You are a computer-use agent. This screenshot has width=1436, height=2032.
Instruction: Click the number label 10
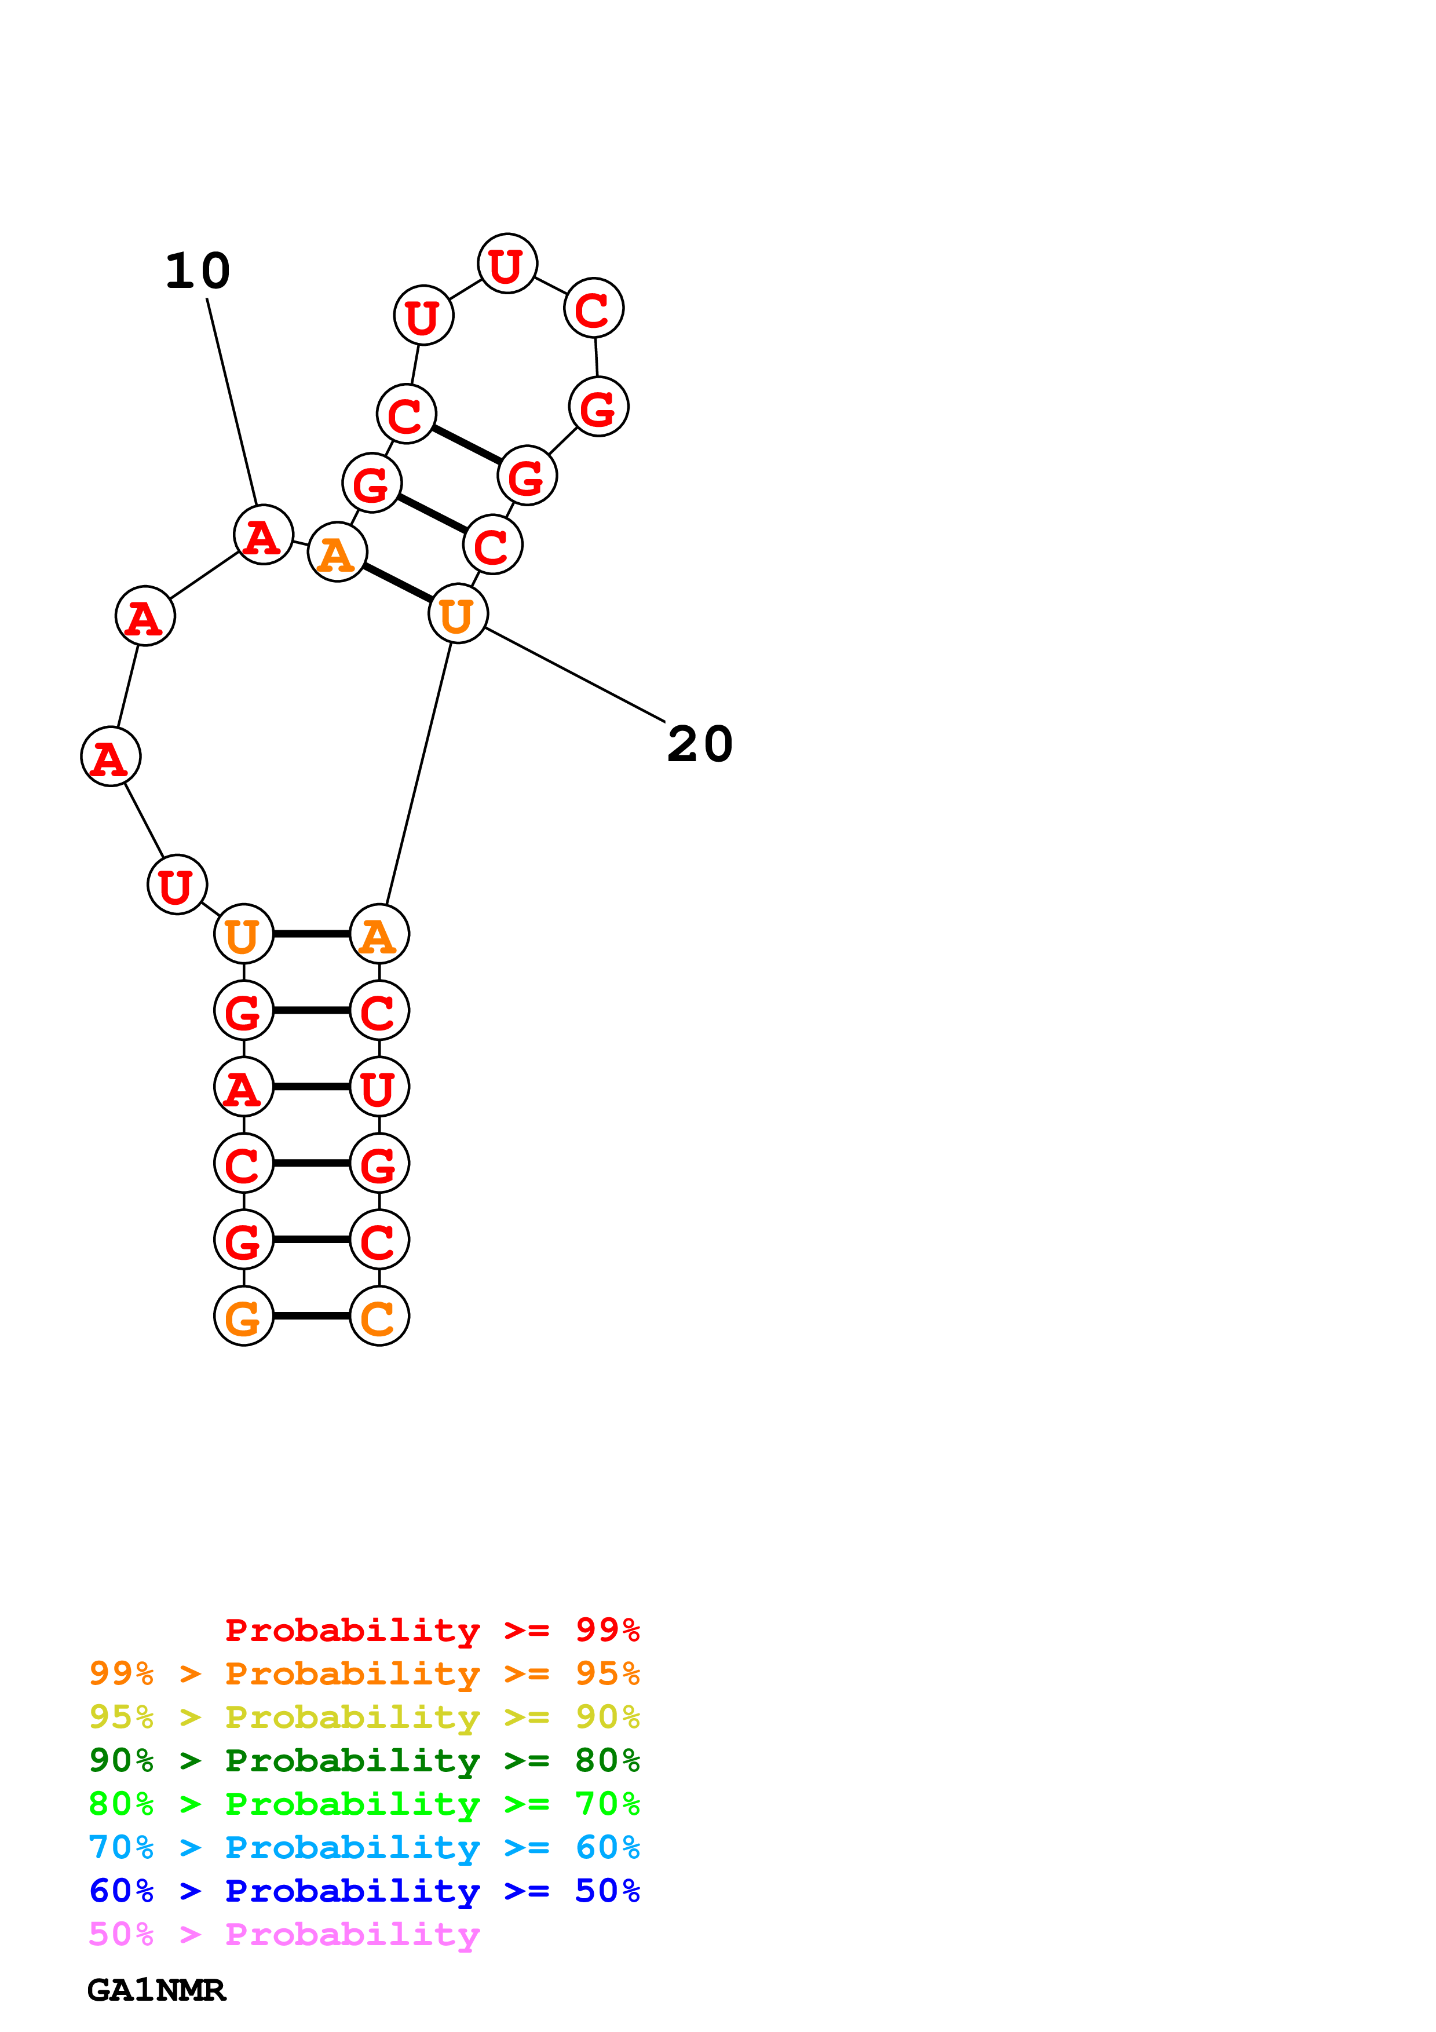coord(198,271)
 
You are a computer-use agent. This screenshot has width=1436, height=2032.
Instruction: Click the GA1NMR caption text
coord(156,1990)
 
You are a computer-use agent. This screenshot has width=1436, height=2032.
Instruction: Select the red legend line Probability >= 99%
coord(432,1629)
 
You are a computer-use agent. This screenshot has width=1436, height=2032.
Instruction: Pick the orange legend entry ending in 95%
coord(364,1673)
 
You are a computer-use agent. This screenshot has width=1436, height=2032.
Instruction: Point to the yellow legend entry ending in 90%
coord(364,1717)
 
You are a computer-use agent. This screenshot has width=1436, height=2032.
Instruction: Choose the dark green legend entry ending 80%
coord(364,1760)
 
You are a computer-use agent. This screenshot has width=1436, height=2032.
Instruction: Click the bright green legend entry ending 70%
coord(364,1804)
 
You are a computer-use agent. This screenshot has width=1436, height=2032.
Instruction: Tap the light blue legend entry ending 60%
coord(364,1847)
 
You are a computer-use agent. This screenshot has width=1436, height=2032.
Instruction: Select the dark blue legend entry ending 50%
coord(364,1891)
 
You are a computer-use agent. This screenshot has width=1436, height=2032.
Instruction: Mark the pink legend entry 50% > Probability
coord(284,1934)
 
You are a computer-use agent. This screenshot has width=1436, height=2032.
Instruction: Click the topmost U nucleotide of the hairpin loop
coord(507,264)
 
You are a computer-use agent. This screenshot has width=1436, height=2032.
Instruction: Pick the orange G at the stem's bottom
coord(243,1316)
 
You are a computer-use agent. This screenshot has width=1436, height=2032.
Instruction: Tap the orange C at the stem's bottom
coord(379,1316)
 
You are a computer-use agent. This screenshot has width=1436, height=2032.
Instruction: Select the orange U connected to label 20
coord(458,613)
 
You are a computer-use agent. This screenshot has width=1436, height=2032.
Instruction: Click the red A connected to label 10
coord(263,535)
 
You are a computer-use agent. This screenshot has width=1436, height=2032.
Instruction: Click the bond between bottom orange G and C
coord(312,1316)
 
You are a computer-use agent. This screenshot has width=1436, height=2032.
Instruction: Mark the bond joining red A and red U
coord(312,1087)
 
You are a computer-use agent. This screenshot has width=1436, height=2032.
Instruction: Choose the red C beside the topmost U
coord(594,308)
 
